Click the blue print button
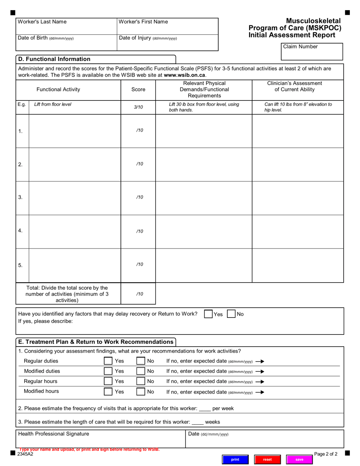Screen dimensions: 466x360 coord(235,459)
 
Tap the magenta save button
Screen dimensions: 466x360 coord(299,459)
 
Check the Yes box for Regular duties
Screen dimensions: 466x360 coord(108,361)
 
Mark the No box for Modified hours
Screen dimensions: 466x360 coord(141,392)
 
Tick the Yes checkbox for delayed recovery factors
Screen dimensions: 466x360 coord(208,314)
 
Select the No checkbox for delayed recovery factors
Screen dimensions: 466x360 coord(231,314)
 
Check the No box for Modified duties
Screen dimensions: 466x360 coord(141,371)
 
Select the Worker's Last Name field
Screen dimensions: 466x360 coord(66,28)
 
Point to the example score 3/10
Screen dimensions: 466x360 coord(138,107)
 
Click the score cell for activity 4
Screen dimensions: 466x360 coord(138,231)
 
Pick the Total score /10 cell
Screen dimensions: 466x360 coord(138,294)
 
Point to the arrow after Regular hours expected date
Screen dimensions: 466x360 coord(260,382)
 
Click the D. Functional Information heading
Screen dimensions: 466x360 coord(54,59)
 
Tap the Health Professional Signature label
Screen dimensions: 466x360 coord(53,434)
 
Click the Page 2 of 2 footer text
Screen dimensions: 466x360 coord(326,454)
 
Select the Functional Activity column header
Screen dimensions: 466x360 coord(58,89)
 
